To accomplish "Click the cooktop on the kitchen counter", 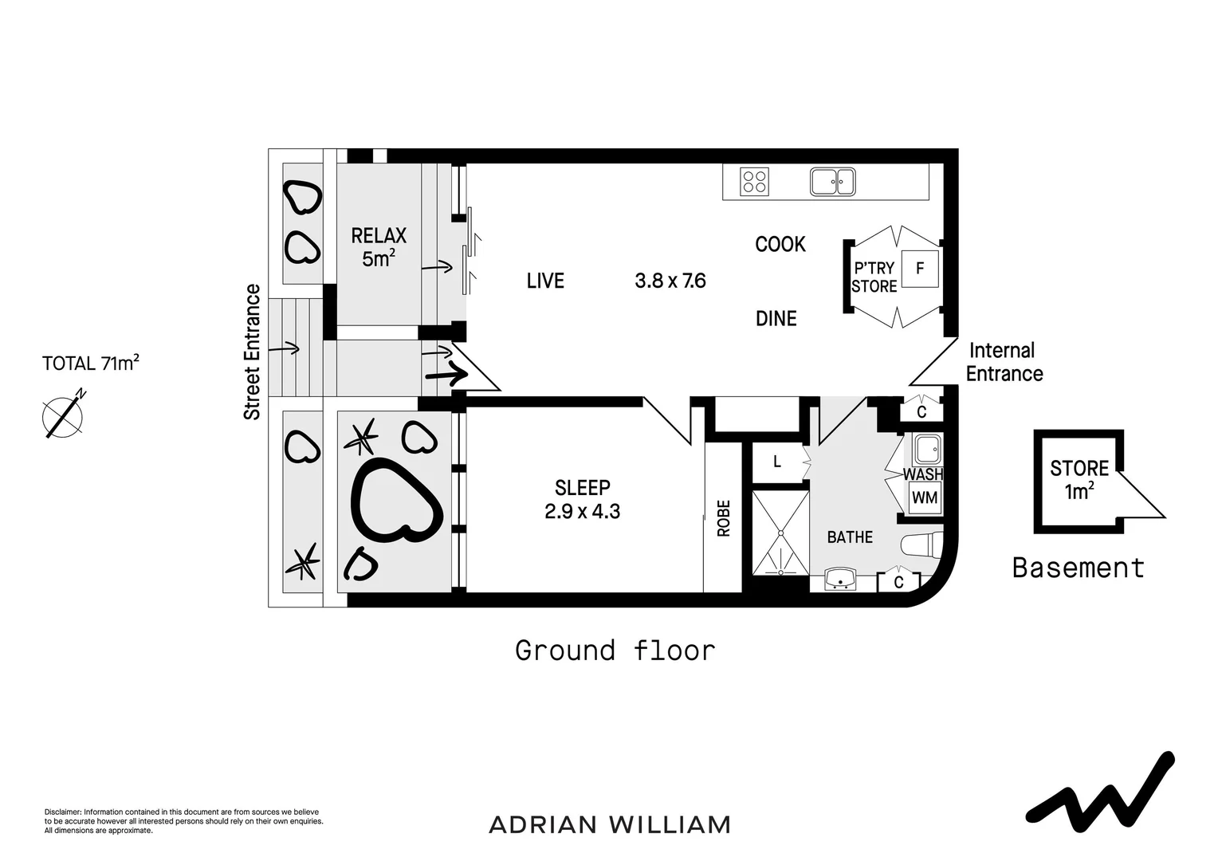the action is click(x=754, y=182).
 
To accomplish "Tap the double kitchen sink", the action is click(x=832, y=182).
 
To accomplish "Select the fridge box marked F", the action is click(x=920, y=269).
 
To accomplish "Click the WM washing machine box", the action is click(x=925, y=498).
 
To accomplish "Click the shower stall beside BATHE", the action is click(x=780, y=533).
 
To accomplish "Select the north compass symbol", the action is click(x=62, y=415).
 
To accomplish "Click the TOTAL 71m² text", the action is click(x=91, y=364).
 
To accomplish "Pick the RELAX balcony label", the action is click(x=379, y=236).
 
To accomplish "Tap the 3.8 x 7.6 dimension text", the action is click(x=670, y=281).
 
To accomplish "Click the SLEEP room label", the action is click(x=583, y=487).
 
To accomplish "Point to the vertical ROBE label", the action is click(x=724, y=518).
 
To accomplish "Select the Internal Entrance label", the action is click(x=1003, y=362).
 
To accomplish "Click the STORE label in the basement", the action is click(x=1079, y=468).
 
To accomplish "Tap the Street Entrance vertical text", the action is click(x=253, y=352).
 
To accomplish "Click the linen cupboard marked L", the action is click(x=777, y=462).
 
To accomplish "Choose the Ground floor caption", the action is click(x=615, y=651).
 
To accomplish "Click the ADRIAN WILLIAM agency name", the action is click(x=610, y=824).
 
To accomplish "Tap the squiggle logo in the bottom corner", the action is click(x=1100, y=789).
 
